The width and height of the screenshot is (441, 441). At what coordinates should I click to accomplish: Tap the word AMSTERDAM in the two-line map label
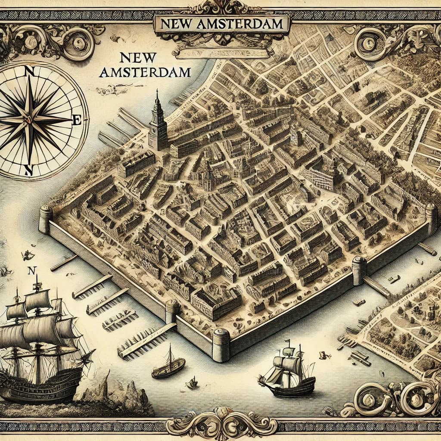point(145,72)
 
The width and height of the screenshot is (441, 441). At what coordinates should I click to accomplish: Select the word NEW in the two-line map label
point(137,57)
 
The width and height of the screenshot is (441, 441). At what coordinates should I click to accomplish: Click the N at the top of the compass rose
point(30,71)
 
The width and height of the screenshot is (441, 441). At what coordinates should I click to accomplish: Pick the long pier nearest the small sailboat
point(146,340)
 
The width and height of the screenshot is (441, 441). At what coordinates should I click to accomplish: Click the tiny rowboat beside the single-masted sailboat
point(192,383)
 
